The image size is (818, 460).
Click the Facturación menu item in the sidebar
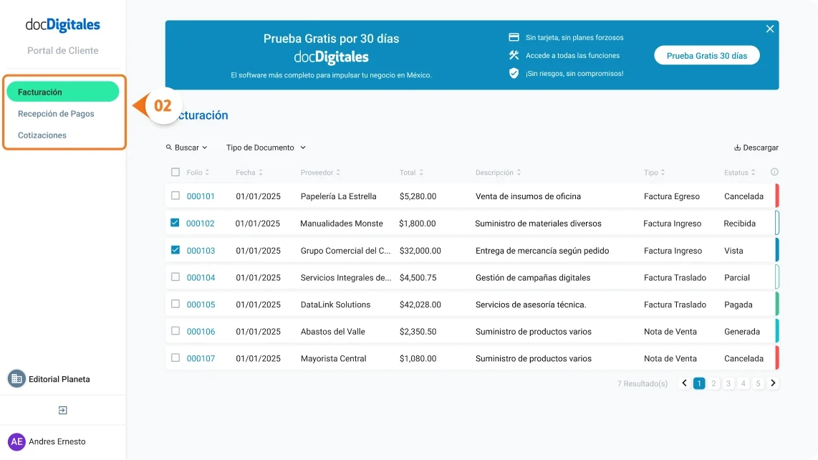[62, 92]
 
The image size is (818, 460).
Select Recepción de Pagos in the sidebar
[56, 114]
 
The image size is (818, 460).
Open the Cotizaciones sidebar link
[42, 135]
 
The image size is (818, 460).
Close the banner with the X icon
[770, 29]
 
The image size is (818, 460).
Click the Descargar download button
[756, 148]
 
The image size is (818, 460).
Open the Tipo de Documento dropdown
[266, 148]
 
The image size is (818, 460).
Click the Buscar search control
[186, 148]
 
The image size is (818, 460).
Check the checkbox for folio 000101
[175, 196]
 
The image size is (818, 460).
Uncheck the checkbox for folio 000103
[175, 250]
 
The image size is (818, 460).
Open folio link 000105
[201, 305]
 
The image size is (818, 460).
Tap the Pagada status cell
[738, 305]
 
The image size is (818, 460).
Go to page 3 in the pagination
[728, 383]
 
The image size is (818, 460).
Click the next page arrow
[773, 383]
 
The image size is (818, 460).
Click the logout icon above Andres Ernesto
[62, 411]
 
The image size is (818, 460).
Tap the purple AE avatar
[16, 441]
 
